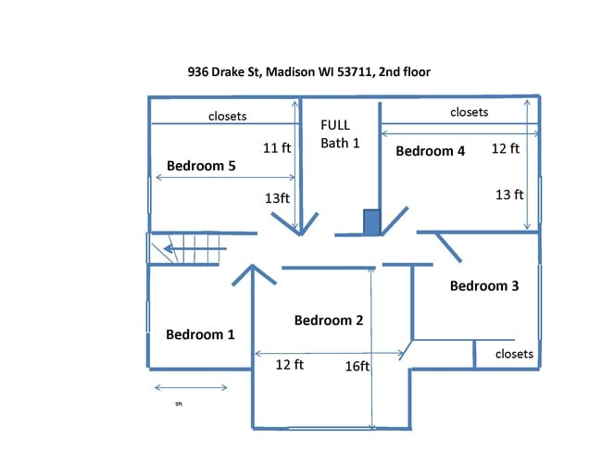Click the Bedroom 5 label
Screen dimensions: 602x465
[201, 166]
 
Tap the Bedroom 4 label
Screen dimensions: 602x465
[430, 151]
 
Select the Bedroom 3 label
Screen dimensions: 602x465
[484, 285]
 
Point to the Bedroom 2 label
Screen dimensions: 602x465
[329, 320]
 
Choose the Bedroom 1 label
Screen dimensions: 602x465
[200, 334]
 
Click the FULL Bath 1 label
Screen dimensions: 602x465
[340, 134]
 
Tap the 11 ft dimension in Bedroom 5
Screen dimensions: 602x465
[276, 148]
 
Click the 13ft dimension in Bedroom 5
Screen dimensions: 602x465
[277, 198]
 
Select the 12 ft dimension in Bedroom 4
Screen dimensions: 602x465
[506, 148]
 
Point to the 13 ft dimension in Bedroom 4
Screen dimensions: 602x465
[509, 195]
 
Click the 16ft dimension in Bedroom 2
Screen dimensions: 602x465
[357, 366]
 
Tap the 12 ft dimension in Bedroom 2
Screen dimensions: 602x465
[290, 364]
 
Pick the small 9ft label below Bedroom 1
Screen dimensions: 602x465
[179, 404]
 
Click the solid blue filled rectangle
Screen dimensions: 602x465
[371, 222]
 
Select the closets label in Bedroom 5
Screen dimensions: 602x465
[227, 116]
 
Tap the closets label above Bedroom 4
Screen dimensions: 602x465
[470, 112]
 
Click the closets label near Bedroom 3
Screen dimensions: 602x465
[514, 354]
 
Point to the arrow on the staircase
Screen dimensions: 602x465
[195, 249]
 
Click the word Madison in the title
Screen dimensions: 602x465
[290, 72]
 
